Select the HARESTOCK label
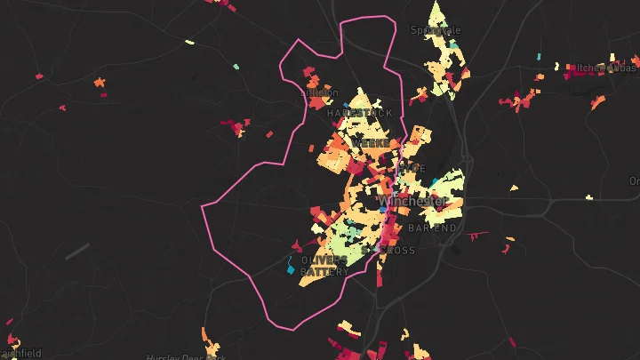358,114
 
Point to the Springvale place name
436,30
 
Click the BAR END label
433,228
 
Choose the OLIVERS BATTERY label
324,266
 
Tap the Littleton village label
321,92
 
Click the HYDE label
412,168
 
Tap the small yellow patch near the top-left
188,42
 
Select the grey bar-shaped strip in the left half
77,251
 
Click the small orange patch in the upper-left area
100,82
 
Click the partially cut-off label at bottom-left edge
20,353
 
